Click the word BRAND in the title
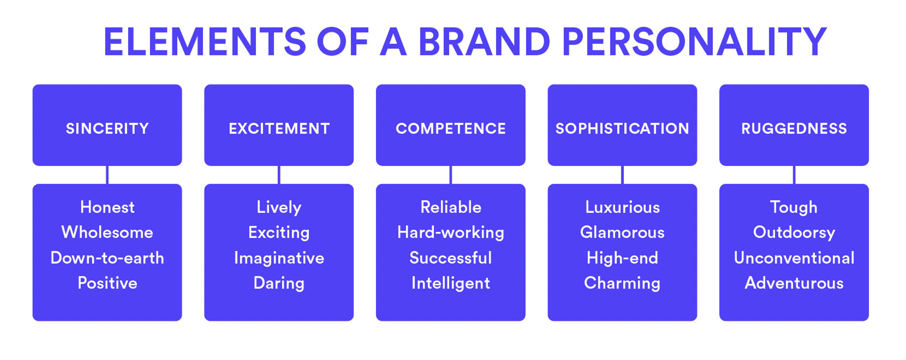(484, 42)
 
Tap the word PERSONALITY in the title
(695, 42)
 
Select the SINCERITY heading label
(107, 129)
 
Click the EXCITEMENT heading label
(279, 129)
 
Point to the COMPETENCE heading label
(451, 129)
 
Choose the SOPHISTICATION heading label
(622, 129)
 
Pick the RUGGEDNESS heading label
(794, 129)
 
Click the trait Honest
(107, 207)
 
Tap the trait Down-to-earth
(107, 258)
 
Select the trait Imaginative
(279, 258)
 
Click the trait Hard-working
(451, 233)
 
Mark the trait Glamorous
(622, 233)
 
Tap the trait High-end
(622, 258)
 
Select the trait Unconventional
(794, 258)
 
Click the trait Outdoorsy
(794, 233)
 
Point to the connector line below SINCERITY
(107, 175)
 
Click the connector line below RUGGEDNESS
(794, 175)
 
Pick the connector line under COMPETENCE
(451, 175)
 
